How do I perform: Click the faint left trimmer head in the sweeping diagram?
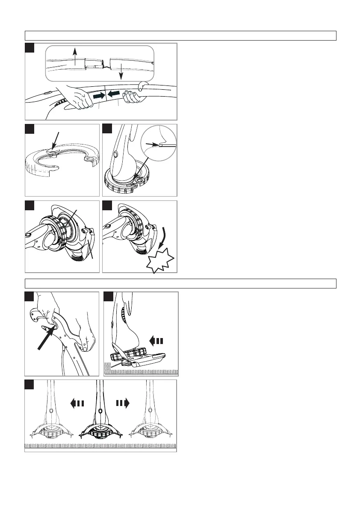(x=51, y=433)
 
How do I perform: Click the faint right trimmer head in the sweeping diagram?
(x=149, y=433)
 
